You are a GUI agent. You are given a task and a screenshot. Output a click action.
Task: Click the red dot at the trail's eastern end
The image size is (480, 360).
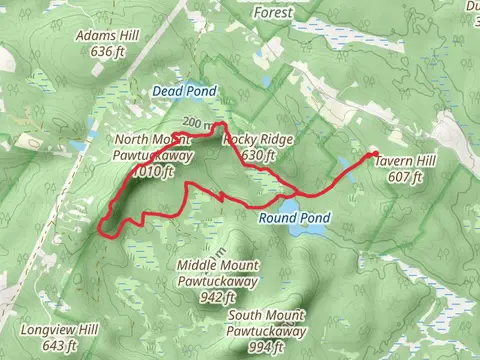[x=375, y=153]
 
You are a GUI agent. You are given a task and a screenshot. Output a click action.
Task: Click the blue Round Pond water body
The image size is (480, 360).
[x=308, y=229]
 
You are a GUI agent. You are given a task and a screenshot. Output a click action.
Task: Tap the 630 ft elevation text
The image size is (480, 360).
[x=258, y=156]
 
